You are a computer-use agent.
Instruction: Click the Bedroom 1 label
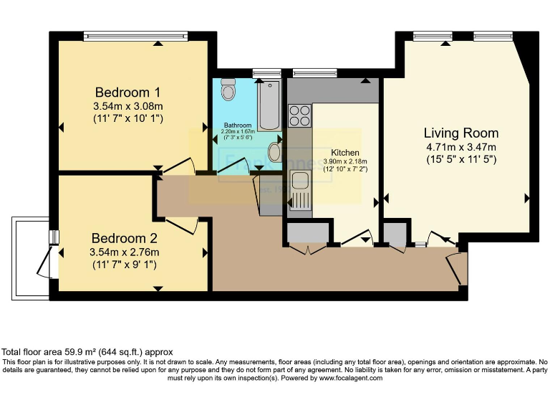click(128, 92)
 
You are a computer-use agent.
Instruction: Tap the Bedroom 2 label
click(123, 239)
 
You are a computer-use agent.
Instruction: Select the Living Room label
click(460, 133)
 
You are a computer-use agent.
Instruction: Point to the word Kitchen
click(344, 153)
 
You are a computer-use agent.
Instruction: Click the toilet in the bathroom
click(229, 89)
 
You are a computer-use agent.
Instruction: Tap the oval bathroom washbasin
click(275, 152)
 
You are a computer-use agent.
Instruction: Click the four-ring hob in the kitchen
click(299, 115)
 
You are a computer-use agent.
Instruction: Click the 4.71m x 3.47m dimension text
click(460, 147)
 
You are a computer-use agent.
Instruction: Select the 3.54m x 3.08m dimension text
click(128, 106)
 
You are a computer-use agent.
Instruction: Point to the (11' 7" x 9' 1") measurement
click(123, 265)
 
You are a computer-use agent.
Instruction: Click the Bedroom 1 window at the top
click(135, 34)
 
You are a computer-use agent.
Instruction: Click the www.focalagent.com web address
click(350, 378)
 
